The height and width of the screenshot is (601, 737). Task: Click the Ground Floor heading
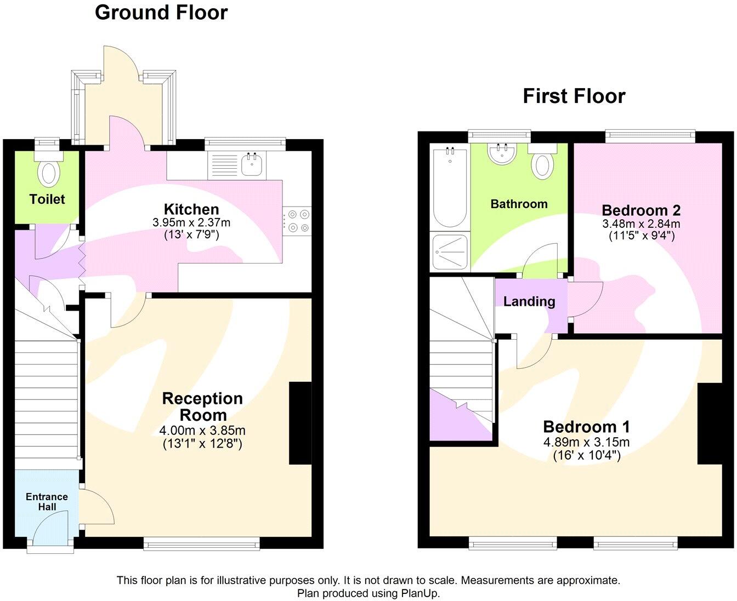[x=161, y=12]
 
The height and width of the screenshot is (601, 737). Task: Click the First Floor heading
[x=574, y=96]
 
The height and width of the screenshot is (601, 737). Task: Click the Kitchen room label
[x=191, y=209]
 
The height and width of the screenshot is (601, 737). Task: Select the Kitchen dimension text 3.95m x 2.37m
[x=191, y=223]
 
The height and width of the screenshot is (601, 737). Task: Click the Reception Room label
[x=202, y=407]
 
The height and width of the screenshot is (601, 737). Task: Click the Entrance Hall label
[x=47, y=501]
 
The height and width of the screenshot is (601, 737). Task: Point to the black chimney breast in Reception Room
[x=300, y=423]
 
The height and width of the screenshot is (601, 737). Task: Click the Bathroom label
[x=519, y=204]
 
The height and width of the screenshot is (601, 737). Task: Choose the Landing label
[x=529, y=301]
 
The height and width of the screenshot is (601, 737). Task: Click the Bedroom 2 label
[x=641, y=210]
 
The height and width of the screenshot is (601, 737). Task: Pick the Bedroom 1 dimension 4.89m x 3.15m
[x=586, y=442]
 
